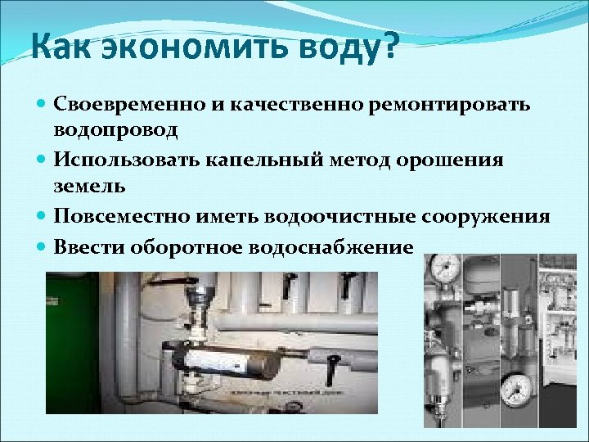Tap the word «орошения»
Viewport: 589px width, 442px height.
(456, 160)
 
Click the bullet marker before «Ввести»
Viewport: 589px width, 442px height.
(42, 247)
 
